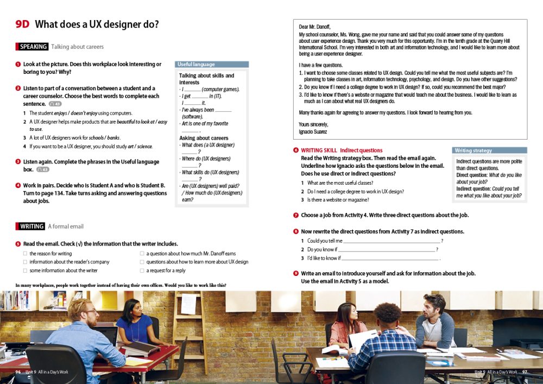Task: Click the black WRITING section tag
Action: (x=32, y=226)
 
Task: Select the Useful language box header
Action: (x=196, y=64)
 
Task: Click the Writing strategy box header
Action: (x=473, y=150)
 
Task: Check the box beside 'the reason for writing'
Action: (x=25, y=254)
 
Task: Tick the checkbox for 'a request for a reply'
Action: (x=142, y=270)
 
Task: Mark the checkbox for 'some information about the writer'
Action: (x=25, y=270)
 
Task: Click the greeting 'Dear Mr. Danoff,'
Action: (x=314, y=27)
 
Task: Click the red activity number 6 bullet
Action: (x=296, y=150)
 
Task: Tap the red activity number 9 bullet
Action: (x=296, y=273)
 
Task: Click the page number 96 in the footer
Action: (x=18, y=372)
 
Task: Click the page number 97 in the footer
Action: (x=525, y=372)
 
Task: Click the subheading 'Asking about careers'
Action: (x=204, y=138)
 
